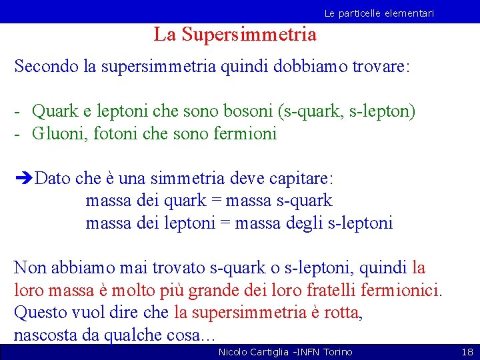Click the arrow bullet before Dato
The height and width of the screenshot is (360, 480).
pyautogui.click(x=23, y=179)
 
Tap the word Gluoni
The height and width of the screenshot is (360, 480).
pyautogui.click(x=61, y=133)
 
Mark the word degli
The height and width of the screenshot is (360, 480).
pyautogui.click(x=305, y=223)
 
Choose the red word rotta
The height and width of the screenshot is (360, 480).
pyautogui.click(x=339, y=313)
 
